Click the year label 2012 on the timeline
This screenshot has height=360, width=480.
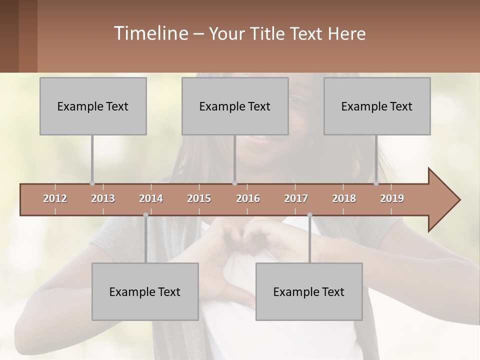pyautogui.click(x=55, y=198)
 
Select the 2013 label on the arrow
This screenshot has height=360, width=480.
pyautogui.click(x=103, y=198)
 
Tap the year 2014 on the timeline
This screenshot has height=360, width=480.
pyautogui.click(x=151, y=198)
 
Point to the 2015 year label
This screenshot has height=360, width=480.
pyautogui.click(x=199, y=198)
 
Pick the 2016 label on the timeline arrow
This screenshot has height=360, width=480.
pyautogui.click(x=248, y=198)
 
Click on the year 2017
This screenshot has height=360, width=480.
pyautogui.click(x=296, y=198)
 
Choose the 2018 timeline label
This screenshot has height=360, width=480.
pyautogui.click(x=344, y=198)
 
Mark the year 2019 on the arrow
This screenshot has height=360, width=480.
pyautogui.click(x=392, y=198)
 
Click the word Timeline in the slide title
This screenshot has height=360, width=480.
pyautogui.click(x=150, y=33)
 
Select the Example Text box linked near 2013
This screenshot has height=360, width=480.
pyautogui.click(x=93, y=106)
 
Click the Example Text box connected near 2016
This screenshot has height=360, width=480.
pyautogui.click(x=235, y=106)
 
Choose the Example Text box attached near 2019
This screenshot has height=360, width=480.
pyautogui.click(x=377, y=106)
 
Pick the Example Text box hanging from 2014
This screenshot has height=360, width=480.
pyautogui.click(x=145, y=292)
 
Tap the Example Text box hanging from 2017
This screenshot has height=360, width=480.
pyautogui.click(x=309, y=292)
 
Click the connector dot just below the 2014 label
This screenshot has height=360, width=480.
pyautogui.click(x=145, y=215)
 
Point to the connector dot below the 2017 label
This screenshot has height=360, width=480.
pyautogui.click(x=309, y=215)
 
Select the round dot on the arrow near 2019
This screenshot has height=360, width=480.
pyautogui.click(x=376, y=183)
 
